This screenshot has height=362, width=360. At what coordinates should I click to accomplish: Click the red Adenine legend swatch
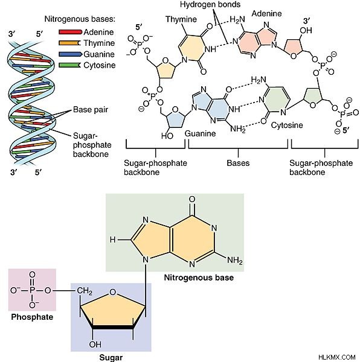(x=71, y=32)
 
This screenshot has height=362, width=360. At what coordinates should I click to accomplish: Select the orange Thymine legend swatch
(x=70, y=43)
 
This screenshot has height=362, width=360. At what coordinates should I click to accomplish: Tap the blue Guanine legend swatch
(x=71, y=54)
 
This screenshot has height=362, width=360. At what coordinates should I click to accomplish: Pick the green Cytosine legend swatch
(x=70, y=65)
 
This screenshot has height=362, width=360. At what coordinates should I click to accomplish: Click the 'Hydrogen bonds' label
(x=210, y=4)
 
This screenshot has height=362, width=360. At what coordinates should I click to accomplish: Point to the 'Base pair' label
(x=91, y=109)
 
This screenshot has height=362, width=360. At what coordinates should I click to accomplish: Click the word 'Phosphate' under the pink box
(x=32, y=317)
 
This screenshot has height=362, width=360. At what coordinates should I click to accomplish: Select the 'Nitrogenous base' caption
(x=199, y=278)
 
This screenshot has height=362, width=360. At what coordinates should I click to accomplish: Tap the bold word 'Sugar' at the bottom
(x=111, y=357)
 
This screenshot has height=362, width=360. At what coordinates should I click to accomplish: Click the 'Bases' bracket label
(x=238, y=163)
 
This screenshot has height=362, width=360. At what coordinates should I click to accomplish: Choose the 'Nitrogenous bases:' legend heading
(x=80, y=19)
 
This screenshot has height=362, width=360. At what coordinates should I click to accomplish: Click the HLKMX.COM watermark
(x=336, y=357)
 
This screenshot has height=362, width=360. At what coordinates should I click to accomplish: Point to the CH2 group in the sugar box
(x=85, y=291)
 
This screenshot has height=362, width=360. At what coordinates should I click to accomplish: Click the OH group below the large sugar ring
(x=95, y=345)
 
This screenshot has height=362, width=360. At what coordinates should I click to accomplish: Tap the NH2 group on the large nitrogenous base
(x=235, y=261)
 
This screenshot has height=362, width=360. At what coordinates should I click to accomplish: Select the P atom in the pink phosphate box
(x=33, y=290)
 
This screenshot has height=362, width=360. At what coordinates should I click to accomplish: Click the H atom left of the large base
(x=112, y=240)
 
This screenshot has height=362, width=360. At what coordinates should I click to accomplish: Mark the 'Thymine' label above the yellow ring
(x=181, y=19)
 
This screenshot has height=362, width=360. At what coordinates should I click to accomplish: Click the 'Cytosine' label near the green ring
(x=287, y=125)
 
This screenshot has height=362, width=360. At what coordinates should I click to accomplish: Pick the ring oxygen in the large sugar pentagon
(x=112, y=292)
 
